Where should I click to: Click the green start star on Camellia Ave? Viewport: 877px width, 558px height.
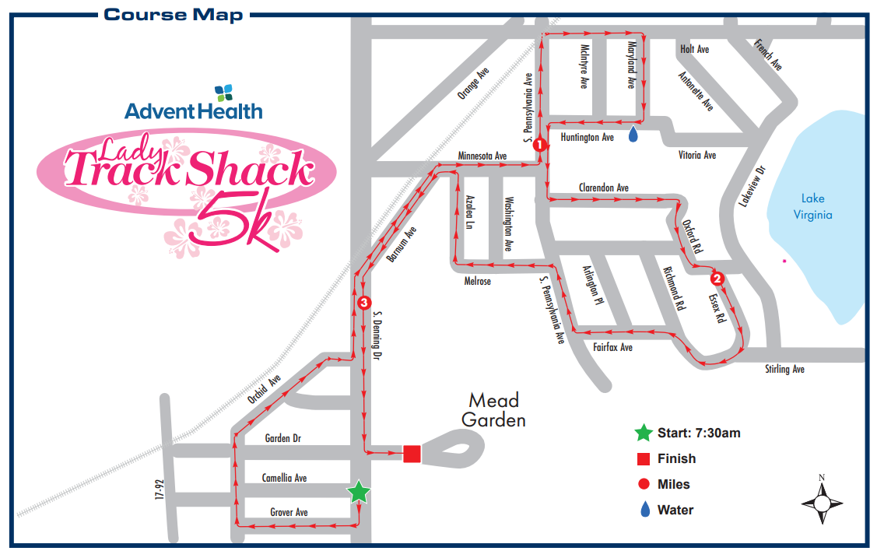[x=358, y=492]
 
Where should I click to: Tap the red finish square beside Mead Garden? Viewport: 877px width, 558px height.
[x=412, y=453]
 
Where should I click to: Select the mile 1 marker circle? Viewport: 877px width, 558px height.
[x=538, y=144]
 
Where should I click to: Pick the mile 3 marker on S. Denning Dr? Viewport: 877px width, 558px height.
[x=363, y=303]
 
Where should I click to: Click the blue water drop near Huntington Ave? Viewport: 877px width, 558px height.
[x=633, y=135]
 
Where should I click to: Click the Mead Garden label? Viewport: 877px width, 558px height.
[x=493, y=410]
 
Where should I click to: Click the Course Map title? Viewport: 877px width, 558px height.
[x=173, y=15]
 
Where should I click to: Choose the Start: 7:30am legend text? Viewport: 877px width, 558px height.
[x=699, y=433]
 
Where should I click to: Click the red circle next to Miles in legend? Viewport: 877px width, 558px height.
[x=643, y=484]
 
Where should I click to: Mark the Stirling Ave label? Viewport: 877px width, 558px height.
[x=784, y=369]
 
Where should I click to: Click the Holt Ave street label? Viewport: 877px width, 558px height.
[x=694, y=50]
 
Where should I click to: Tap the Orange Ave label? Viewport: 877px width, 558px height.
[x=474, y=83]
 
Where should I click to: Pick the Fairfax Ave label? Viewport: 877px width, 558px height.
[x=612, y=347]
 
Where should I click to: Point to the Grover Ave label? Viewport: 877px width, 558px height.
[x=289, y=512]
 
